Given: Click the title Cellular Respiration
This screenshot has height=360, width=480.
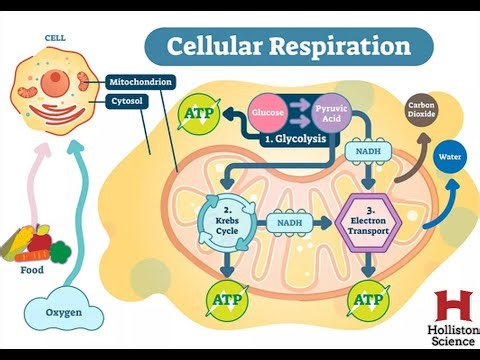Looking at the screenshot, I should click(x=288, y=46).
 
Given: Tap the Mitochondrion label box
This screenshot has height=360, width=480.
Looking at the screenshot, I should click(x=141, y=82).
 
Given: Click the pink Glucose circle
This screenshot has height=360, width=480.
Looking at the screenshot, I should click(x=268, y=113).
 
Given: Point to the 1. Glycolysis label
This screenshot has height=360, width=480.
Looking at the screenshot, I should click(x=296, y=140).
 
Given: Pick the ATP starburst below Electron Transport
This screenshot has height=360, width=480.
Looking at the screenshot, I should click(x=370, y=299).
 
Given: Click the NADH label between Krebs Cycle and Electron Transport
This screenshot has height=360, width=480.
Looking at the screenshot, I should click(x=290, y=224).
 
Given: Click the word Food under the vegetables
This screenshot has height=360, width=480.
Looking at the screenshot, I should click(x=32, y=268).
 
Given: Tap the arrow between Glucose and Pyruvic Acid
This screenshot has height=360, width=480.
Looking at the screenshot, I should click(x=298, y=112).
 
